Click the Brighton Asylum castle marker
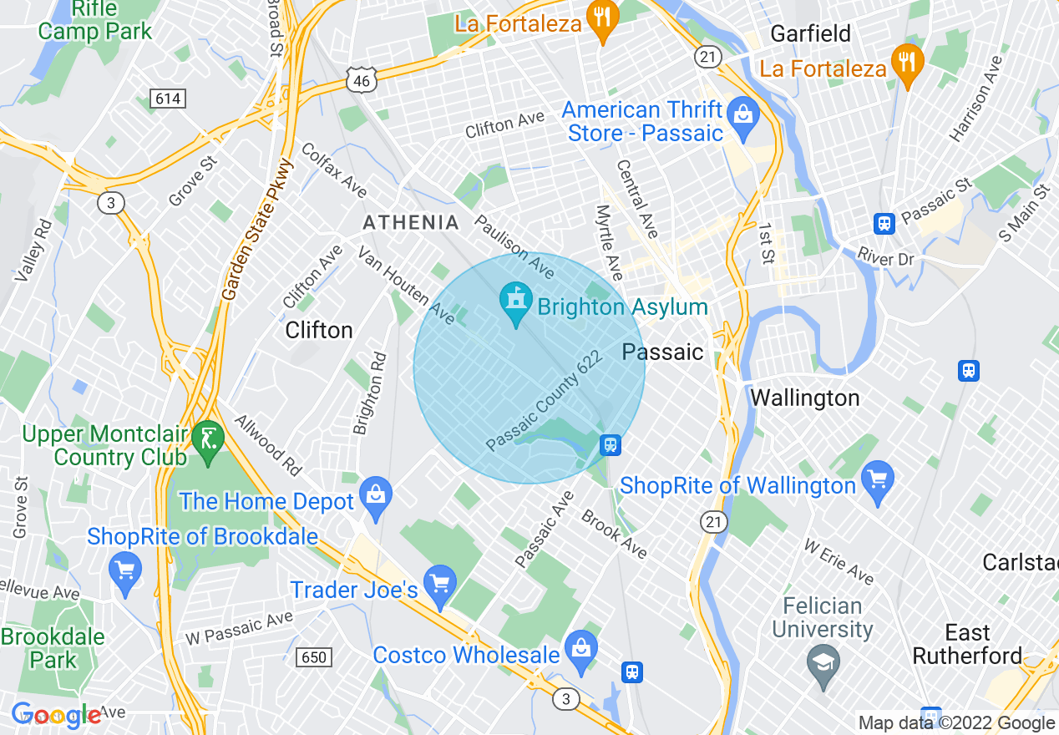(x=516, y=302)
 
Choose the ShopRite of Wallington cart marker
(x=877, y=479)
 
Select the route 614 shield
(x=167, y=99)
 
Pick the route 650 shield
(x=313, y=657)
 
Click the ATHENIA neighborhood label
(x=410, y=222)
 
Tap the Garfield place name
(x=810, y=33)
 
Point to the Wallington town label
(x=804, y=398)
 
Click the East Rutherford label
(x=967, y=644)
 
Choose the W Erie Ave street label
(x=839, y=561)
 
